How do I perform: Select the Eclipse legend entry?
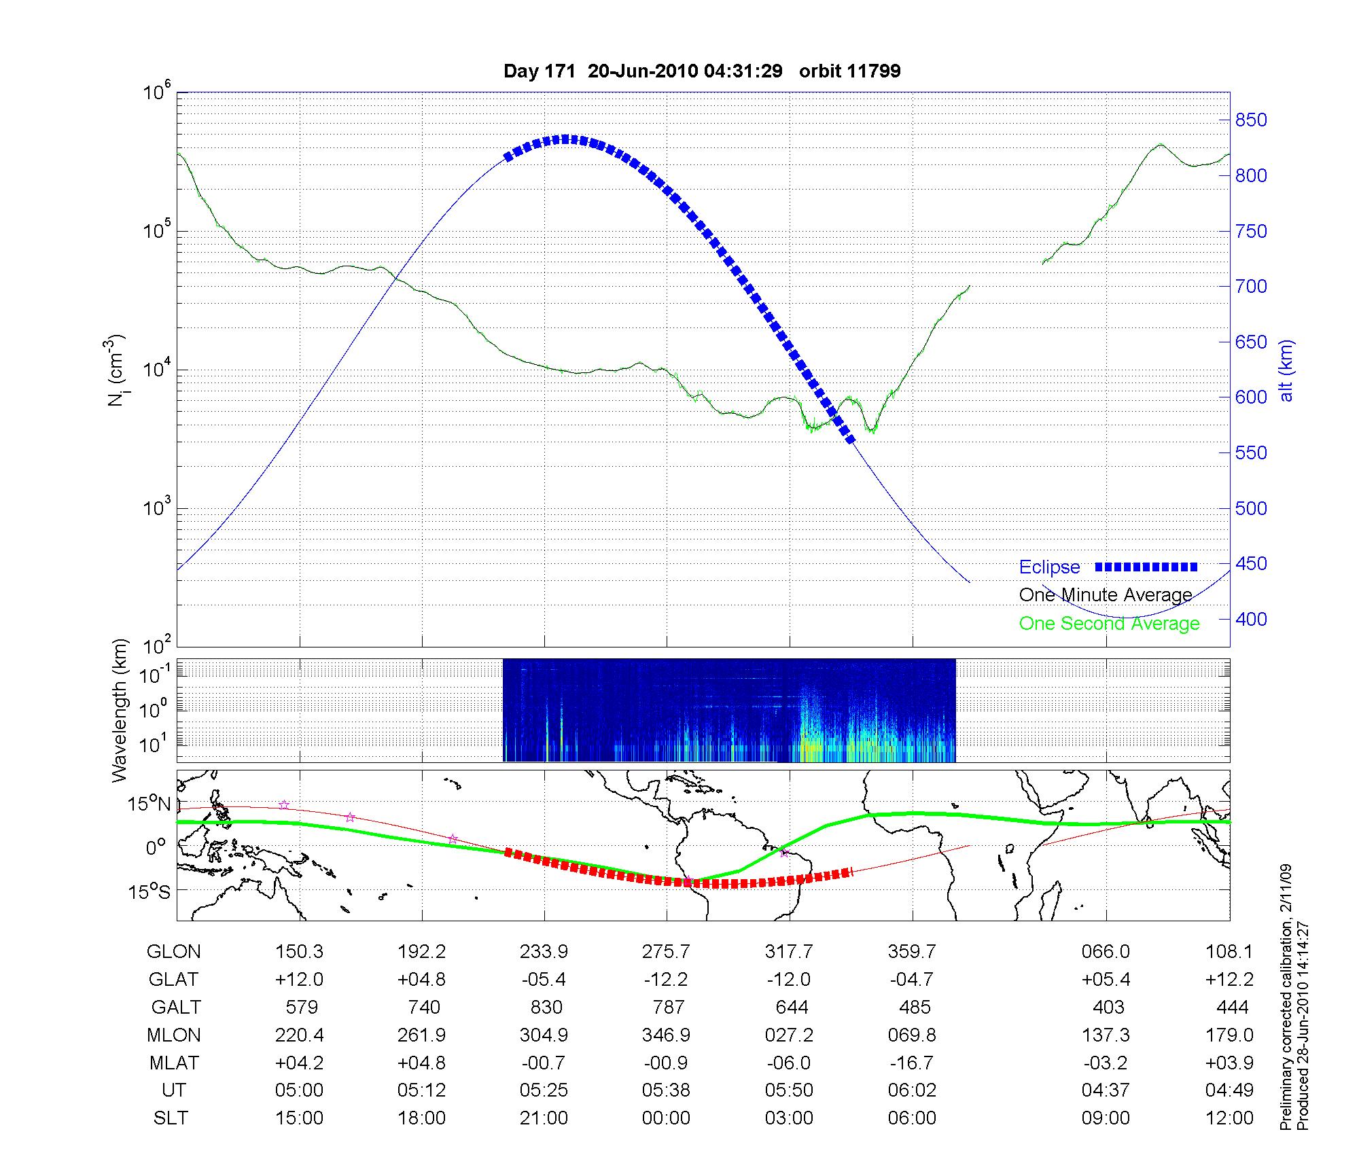[1049, 567]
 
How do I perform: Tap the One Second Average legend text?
[1109, 624]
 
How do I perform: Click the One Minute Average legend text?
[1106, 595]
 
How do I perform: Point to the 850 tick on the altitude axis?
[1251, 120]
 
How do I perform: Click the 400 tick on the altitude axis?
[1251, 619]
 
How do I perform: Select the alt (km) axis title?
[1286, 370]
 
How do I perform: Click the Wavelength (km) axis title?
[120, 711]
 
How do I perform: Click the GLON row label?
[173, 952]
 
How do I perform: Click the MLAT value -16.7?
[912, 1063]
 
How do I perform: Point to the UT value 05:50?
[789, 1090]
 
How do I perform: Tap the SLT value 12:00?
[1229, 1118]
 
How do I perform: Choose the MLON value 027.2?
[789, 1035]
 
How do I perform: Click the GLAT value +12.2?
[1229, 979]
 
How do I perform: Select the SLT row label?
[171, 1118]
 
